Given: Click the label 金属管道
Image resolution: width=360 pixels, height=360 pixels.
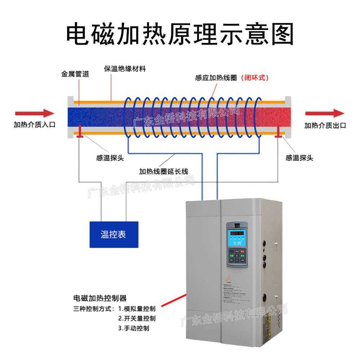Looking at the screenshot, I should click(75, 74).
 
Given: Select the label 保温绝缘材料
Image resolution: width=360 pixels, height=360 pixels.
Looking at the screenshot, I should click(125, 69).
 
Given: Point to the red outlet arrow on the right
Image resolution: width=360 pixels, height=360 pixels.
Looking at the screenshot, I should click(325, 114).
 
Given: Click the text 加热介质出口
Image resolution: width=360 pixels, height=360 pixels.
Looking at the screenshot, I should click(325, 126).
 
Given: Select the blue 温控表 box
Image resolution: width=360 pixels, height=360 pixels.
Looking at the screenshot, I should click(114, 234).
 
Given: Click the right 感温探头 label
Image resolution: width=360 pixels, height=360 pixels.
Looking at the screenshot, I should click(299, 158).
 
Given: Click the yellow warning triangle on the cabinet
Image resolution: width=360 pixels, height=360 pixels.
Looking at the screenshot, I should click(228, 278).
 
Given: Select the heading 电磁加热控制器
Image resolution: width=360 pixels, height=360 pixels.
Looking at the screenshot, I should click(100, 298).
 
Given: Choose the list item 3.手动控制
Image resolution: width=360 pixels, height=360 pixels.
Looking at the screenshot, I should click(133, 328).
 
